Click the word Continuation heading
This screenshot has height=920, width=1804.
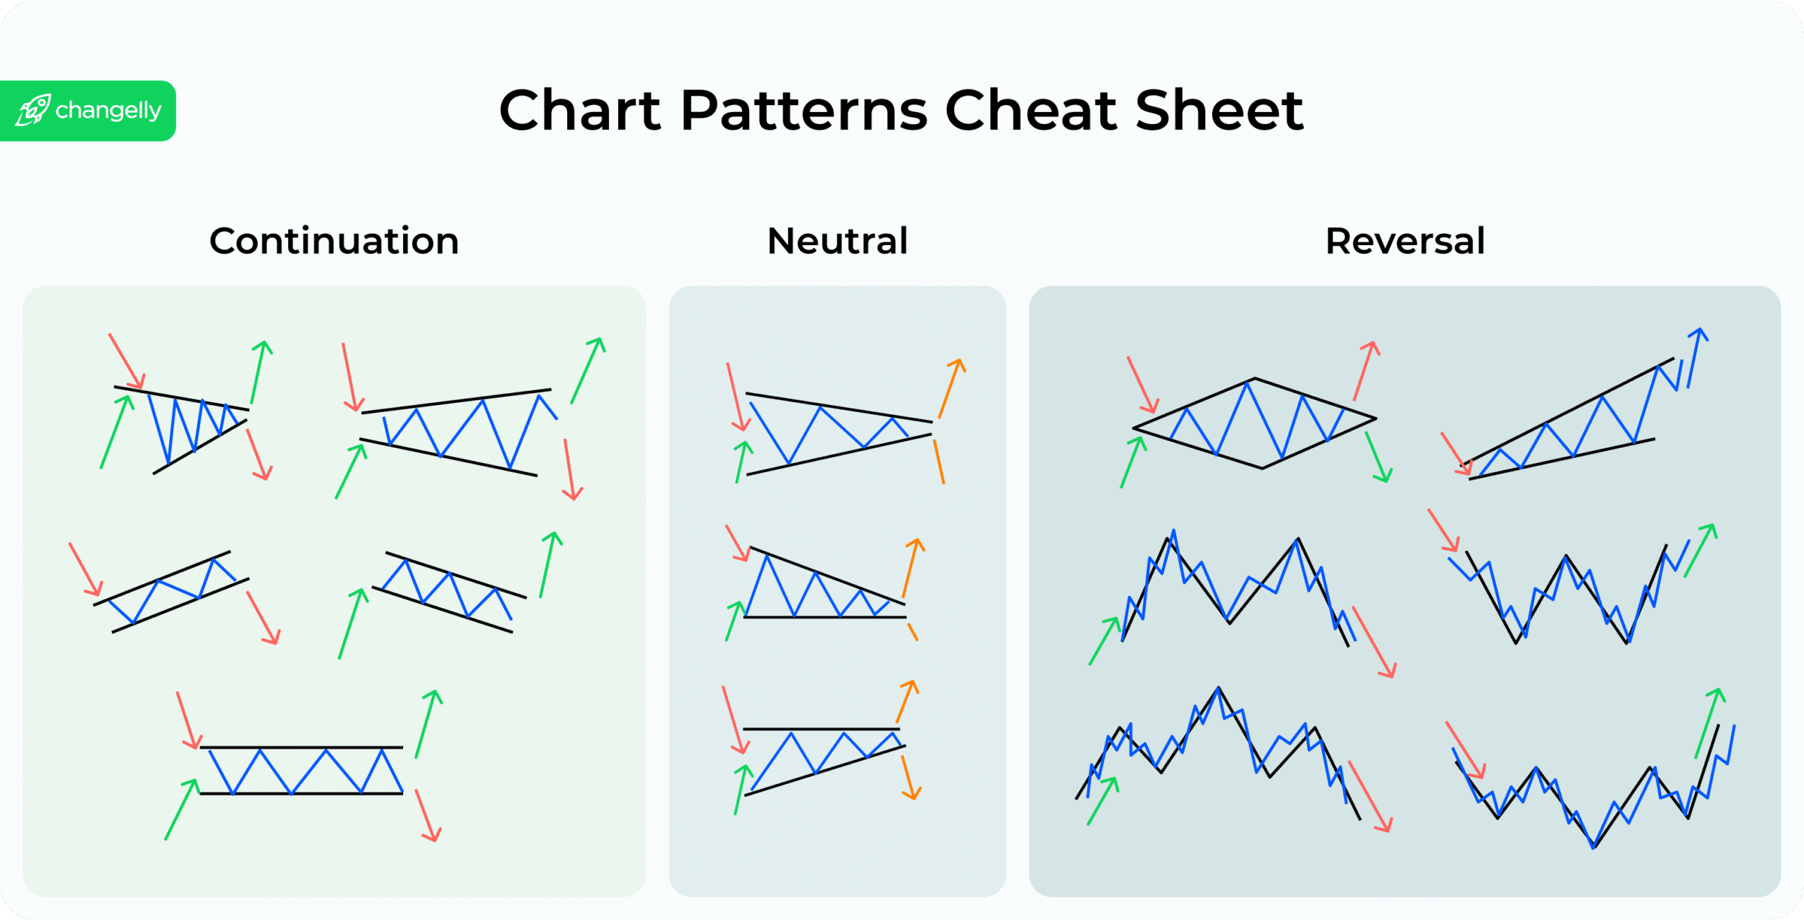click(334, 241)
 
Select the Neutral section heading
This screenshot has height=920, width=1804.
click(837, 241)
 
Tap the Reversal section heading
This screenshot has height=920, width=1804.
click(1405, 241)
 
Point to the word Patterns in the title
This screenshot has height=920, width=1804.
click(804, 111)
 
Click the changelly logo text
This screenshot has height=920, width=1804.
click(108, 111)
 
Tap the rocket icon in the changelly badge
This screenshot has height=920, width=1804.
click(33, 111)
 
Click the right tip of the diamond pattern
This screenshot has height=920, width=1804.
click(1375, 419)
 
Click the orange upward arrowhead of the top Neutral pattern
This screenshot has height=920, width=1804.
click(958, 364)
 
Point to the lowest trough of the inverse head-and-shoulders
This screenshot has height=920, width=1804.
click(1593, 846)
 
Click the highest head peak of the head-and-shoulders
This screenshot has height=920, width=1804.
click(1218, 688)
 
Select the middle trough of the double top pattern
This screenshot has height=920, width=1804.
click(1229, 623)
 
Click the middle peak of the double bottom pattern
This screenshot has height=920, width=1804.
click(1567, 557)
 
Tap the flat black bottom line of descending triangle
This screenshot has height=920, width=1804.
click(824, 617)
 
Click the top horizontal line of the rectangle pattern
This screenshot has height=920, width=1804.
click(302, 747)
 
